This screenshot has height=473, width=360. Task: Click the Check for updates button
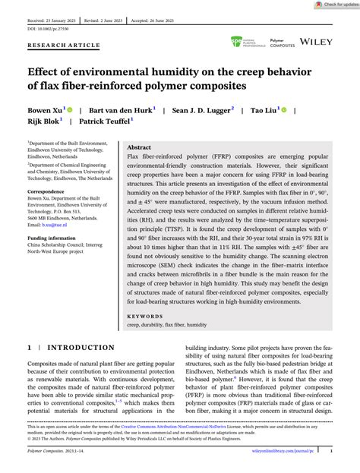click(330, 5)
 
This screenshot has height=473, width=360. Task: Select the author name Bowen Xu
click(46, 110)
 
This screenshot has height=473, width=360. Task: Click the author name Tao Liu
click(266, 110)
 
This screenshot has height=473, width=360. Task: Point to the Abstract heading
click(139, 147)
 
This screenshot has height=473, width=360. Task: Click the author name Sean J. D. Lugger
click(201, 110)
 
